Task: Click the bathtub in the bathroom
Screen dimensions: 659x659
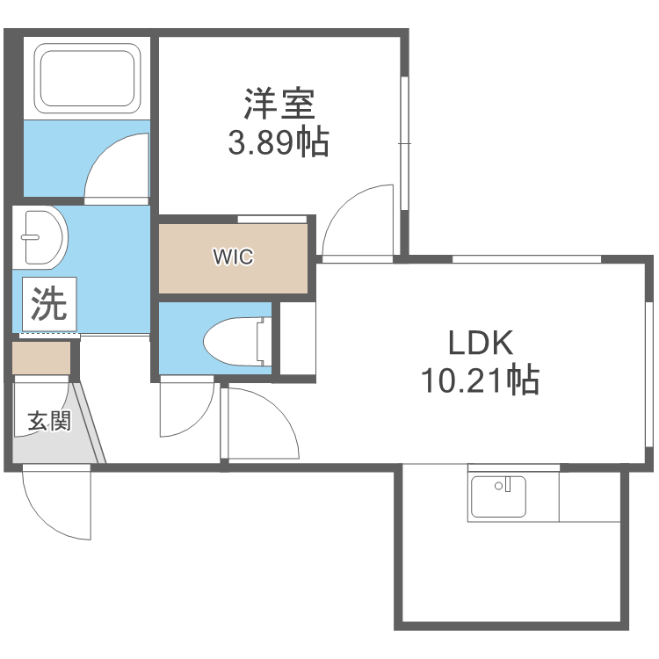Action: point(87,76)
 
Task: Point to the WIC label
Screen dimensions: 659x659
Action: point(233,257)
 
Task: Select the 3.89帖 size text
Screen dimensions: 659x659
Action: point(279,141)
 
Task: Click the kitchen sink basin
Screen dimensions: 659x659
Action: point(498,496)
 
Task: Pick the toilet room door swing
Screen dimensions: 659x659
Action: point(186,409)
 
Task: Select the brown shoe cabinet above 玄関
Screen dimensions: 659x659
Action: point(41,358)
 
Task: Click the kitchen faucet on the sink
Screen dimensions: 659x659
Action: point(503,484)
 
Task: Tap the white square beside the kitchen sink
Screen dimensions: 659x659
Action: point(590,498)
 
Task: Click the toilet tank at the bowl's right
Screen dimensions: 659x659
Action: point(261,342)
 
